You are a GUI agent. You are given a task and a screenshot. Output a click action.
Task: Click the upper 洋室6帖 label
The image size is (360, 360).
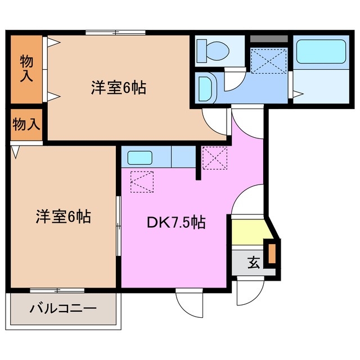click(x=119, y=88)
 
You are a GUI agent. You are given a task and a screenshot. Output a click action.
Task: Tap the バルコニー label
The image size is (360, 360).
click(x=63, y=309)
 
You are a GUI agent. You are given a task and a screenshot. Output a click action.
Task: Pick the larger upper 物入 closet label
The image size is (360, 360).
click(x=26, y=68)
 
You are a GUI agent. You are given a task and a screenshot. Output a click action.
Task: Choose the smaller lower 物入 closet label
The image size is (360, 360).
click(x=26, y=124)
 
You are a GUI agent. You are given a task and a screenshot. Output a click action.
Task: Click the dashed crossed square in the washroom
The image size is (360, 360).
click(x=268, y=61)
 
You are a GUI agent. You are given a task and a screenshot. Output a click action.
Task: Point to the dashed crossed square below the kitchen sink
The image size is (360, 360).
click(x=140, y=181)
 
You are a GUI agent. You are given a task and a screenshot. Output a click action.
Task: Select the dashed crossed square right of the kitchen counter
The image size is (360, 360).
click(x=214, y=158)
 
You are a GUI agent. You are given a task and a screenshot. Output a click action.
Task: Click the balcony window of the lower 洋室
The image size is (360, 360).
click(x=57, y=290)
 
